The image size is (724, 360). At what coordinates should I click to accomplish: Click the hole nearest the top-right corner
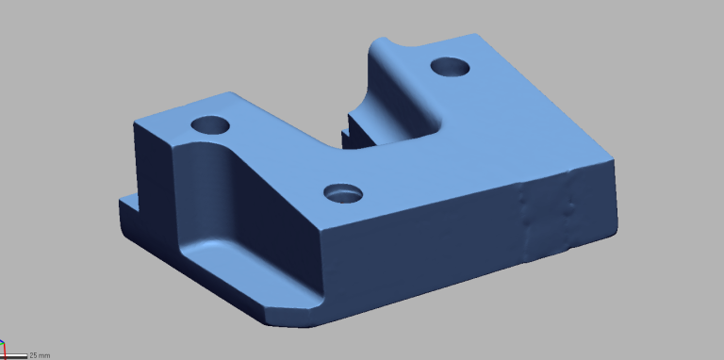coord(451,67)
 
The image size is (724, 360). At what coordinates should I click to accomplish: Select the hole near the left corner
coord(210,125)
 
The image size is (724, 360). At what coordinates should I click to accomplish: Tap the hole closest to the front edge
coord(343,193)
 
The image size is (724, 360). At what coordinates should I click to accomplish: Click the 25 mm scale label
coord(40,356)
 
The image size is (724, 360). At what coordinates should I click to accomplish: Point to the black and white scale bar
coord(14,356)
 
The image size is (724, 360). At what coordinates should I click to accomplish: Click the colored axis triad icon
coord(2,346)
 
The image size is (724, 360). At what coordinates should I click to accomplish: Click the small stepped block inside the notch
coord(356,132)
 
